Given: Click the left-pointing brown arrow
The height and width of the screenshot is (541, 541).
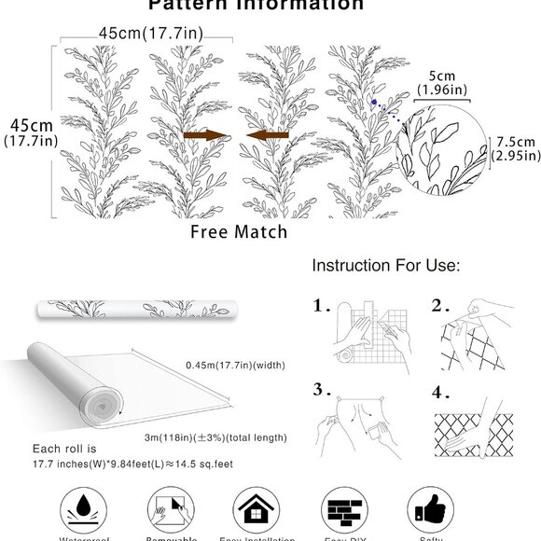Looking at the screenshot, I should (x=267, y=136).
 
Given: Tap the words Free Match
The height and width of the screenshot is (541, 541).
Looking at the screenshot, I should (x=238, y=230).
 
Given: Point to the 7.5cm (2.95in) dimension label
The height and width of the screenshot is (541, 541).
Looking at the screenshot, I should (x=515, y=148).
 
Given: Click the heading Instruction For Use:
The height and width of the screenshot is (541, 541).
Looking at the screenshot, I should (x=385, y=266).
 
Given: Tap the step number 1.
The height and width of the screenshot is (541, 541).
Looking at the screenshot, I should (x=321, y=305).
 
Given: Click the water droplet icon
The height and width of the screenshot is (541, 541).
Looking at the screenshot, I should (x=85, y=511).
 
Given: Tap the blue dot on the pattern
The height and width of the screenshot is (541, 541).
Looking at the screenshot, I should (x=372, y=101).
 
